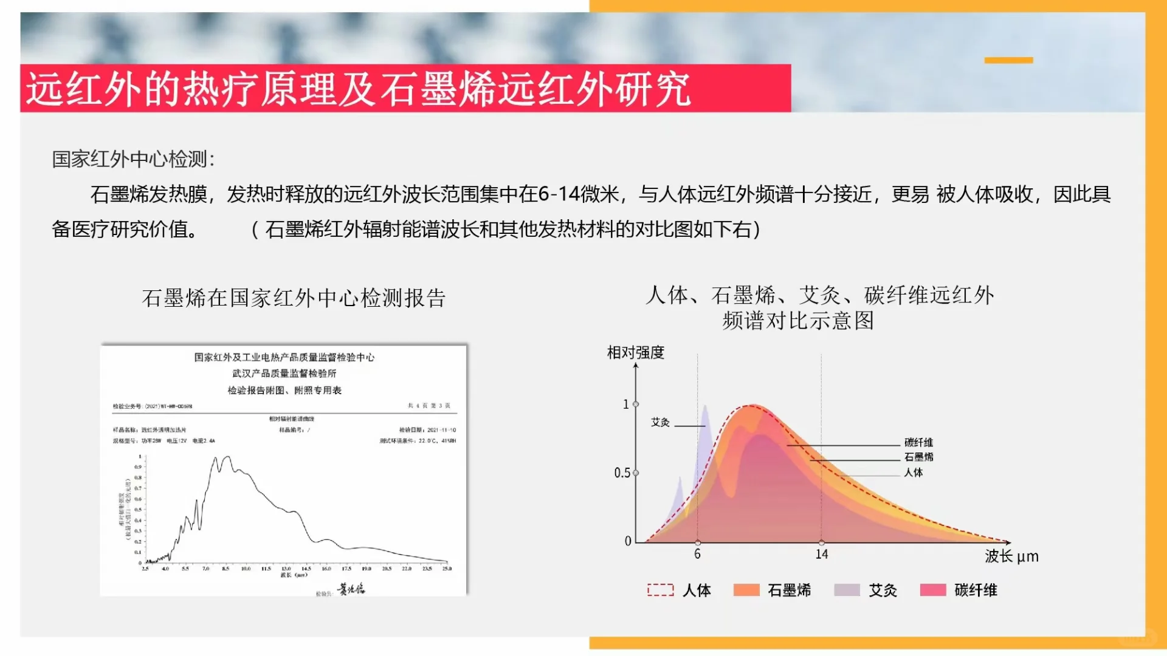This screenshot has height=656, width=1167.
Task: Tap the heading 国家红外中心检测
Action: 133,159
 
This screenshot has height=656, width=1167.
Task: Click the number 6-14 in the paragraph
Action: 559,194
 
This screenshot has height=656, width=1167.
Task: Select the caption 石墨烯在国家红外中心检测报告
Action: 294,298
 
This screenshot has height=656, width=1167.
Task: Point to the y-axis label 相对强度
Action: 635,352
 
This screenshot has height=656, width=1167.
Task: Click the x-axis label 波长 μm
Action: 1011,556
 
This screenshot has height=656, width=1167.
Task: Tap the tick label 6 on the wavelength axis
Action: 697,554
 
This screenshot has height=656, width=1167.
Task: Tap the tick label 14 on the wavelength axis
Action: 821,554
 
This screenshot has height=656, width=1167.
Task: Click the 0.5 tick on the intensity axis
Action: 622,473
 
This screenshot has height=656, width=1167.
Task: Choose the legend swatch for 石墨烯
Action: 746,590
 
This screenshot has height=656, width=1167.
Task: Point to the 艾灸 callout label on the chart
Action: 660,422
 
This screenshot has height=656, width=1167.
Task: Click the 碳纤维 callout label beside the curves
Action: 918,442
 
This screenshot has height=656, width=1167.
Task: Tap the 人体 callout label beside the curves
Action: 913,472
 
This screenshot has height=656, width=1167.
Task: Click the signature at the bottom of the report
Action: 351,589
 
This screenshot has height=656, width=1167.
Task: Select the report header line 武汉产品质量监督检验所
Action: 284,374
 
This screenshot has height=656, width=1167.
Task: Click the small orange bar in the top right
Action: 1008,60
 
